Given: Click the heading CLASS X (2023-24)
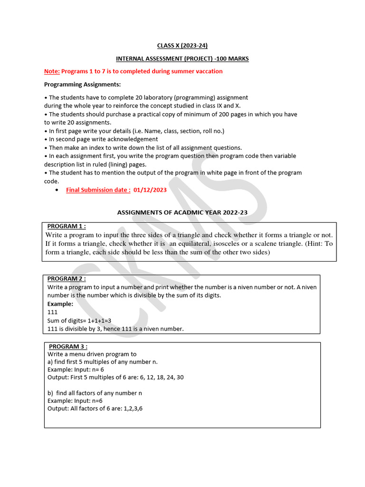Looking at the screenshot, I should (182, 46).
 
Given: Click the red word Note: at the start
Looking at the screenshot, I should (52, 71).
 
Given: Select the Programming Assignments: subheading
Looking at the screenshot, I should (82, 85).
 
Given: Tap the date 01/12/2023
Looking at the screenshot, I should (150, 190).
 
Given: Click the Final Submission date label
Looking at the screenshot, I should (98, 190).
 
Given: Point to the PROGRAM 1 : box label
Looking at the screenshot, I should (67, 226).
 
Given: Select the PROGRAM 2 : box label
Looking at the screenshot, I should (67, 279).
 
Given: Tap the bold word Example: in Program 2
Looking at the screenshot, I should (60, 303).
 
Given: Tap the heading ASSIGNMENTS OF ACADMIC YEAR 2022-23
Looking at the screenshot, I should (182, 213).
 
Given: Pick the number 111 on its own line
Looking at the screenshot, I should (53, 312).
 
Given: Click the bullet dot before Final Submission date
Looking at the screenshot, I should (57, 190).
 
